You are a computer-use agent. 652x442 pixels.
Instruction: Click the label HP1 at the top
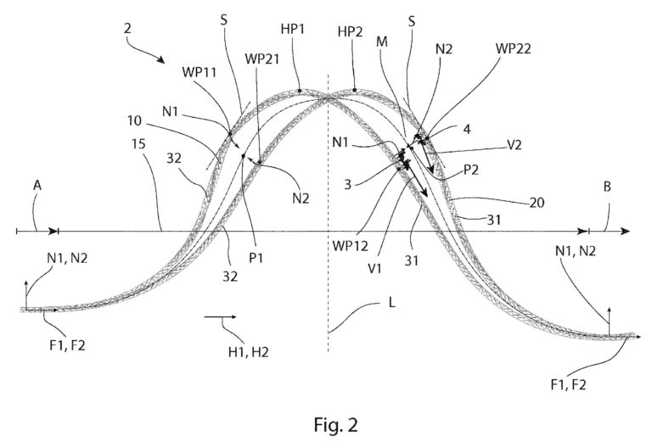293,29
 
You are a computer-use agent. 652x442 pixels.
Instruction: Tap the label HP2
350,31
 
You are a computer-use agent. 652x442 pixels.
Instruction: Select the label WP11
200,72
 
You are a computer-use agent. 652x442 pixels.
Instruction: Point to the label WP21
262,59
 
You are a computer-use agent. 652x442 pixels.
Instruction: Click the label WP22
514,48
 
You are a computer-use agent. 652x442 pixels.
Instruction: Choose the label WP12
350,246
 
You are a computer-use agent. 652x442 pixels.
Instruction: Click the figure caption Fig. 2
335,424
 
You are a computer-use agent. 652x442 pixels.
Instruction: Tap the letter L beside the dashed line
391,303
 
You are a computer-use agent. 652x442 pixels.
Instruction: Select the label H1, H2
248,352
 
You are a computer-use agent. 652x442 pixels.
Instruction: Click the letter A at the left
37,185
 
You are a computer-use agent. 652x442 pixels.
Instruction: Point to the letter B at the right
607,187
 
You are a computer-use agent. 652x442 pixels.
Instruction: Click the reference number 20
537,202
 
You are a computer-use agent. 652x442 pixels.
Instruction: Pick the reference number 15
138,143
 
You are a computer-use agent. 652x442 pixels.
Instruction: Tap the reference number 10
134,120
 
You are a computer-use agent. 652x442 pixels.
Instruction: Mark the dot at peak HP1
300,90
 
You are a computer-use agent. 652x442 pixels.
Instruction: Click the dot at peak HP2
355,89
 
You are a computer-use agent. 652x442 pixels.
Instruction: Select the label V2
514,144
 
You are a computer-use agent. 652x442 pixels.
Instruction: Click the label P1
256,258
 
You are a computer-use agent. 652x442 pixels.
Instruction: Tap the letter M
382,42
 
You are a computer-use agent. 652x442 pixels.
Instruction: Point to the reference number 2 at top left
127,28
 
